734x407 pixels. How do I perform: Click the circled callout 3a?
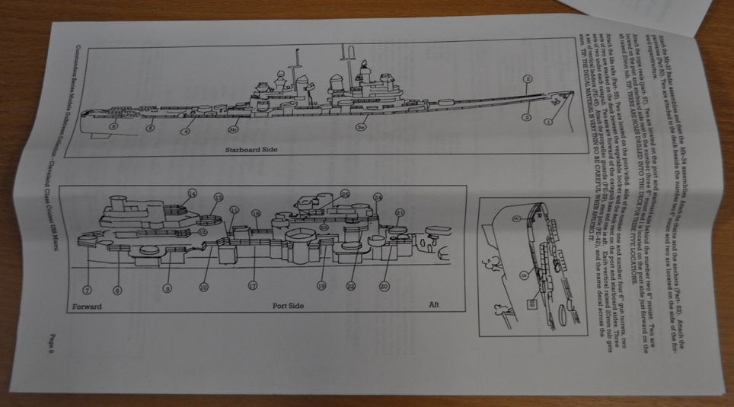point(361,129)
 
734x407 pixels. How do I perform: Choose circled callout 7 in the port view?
point(88,291)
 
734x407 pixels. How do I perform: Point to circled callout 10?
point(203,288)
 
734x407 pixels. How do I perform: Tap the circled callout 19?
point(321,287)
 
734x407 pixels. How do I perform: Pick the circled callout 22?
point(352,285)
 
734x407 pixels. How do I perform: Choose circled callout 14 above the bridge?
point(192,193)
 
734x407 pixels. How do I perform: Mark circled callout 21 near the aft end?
point(400,211)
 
